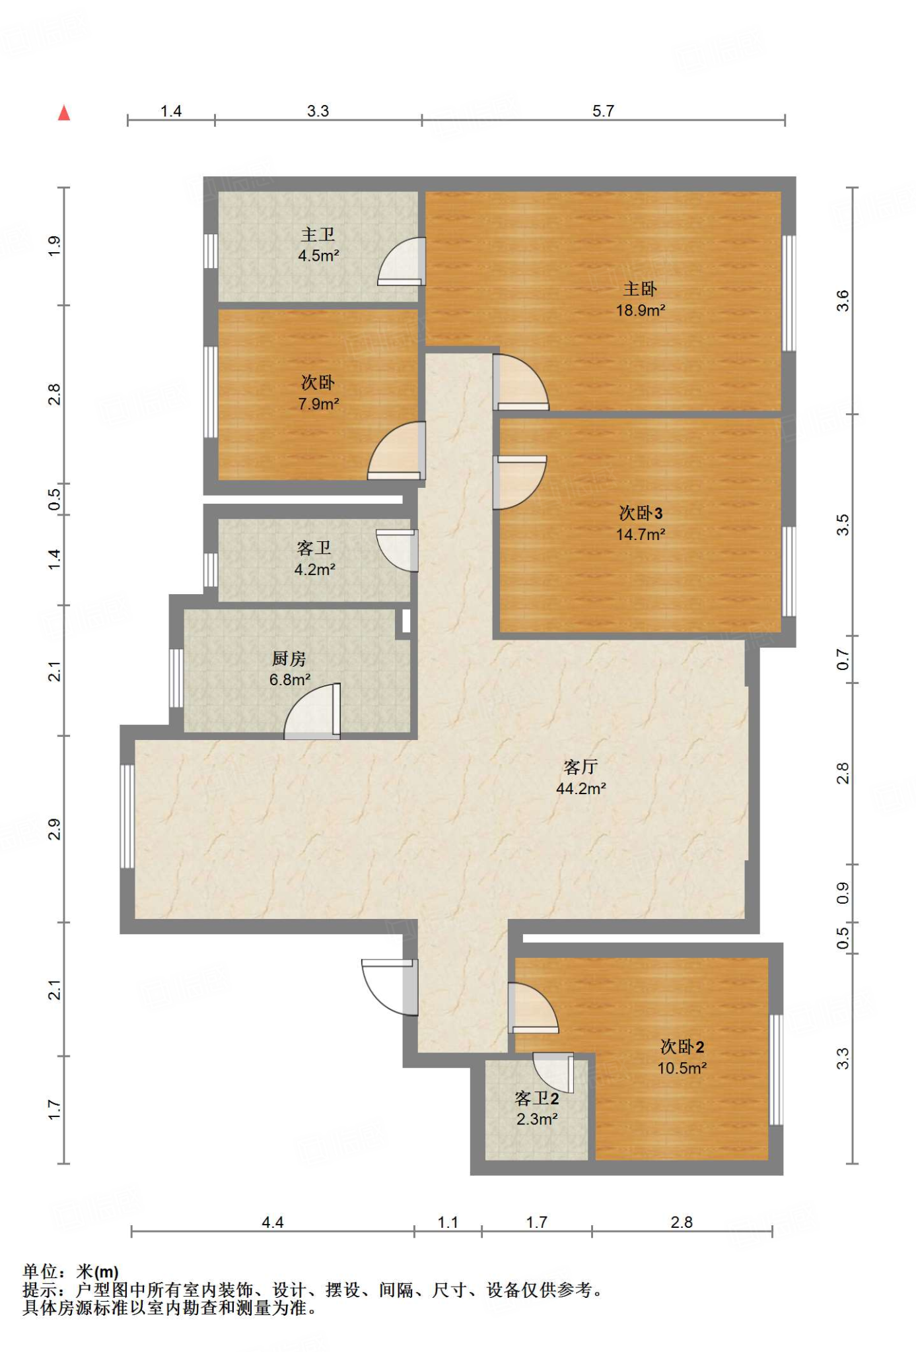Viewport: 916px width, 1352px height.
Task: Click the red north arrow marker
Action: (x=64, y=113)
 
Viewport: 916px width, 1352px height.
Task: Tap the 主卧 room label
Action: (x=640, y=289)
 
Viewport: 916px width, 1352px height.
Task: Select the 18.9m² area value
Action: (x=641, y=310)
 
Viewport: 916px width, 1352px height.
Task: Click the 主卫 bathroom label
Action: (x=318, y=234)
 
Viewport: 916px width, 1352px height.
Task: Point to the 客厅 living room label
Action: (x=581, y=767)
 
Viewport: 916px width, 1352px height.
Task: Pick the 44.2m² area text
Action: (x=581, y=788)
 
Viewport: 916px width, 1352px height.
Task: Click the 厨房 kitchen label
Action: (x=289, y=659)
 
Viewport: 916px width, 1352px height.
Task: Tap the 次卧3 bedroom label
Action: (x=641, y=513)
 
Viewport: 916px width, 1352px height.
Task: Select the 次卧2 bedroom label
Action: (x=682, y=1047)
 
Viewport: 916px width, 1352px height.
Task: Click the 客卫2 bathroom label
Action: (x=537, y=1098)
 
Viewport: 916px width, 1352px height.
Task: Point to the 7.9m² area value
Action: (x=318, y=404)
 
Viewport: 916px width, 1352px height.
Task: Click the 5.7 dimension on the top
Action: (x=603, y=111)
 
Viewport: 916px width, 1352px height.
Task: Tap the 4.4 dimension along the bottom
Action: (x=272, y=1223)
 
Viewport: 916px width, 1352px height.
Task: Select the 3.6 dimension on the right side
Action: (x=843, y=301)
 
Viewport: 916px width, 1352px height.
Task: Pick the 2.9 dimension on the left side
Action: (x=54, y=829)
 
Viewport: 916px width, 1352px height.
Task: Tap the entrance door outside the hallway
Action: (x=390, y=987)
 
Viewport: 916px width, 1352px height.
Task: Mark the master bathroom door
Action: (x=402, y=261)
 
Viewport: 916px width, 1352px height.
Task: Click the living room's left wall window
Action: (x=127, y=817)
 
